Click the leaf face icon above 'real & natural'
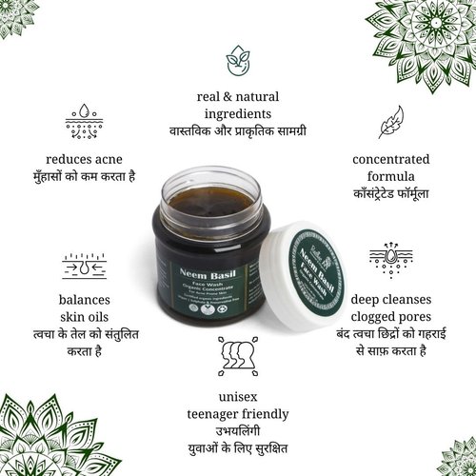click(x=238, y=61)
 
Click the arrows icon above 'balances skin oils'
click(x=84, y=265)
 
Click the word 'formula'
click(x=390, y=178)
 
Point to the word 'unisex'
click(x=238, y=396)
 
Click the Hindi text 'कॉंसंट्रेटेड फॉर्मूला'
click(x=390, y=195)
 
